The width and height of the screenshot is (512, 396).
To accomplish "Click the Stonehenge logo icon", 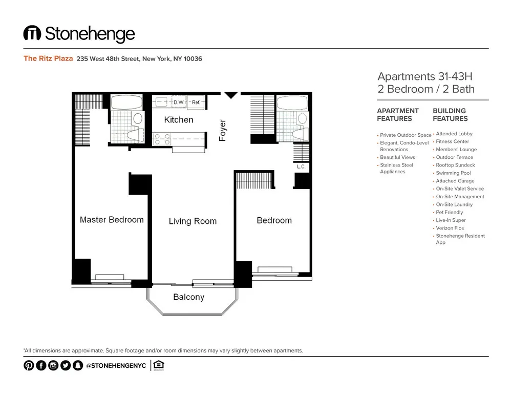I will pyautogui.click(x=32, y=34).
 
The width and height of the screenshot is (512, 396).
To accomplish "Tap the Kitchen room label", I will pyautogui.click(x=179, y=120).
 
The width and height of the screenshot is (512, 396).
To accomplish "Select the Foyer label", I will pyautogui.click(x=223, y=131).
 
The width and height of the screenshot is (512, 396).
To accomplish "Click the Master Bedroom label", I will pyautogui.click(x=112, y=220).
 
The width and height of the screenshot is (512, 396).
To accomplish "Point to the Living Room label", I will pyautogui.click(x=193, y=221).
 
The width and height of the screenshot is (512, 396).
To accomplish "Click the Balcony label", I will pyautogui.click(x=188, y=297).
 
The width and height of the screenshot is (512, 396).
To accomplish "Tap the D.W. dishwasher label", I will pyautogui.click(x=179, y=102).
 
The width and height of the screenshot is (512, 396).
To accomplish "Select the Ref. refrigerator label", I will pyautogui.click(x=196, y=102).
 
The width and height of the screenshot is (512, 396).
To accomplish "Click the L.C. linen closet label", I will pyautogui.click(x=301, y=167).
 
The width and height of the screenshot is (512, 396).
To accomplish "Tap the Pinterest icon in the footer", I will pyautogui.click(x=29, y=365).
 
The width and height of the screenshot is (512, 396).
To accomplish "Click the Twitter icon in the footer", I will pyautogui.click(x=65, y=365).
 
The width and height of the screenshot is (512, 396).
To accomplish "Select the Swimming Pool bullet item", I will pyautogui.click(x=453, y=173).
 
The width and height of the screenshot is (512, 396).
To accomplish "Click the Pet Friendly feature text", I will pyautogui.click(x=449, y=212).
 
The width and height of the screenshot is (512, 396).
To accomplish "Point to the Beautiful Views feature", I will pyautogui.click(x=397, y=157).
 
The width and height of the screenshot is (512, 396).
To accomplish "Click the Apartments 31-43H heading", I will pyautogui.click(x=424, y=77).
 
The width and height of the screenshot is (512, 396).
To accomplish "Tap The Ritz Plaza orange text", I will pyautogui.click(x=48, y=58).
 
